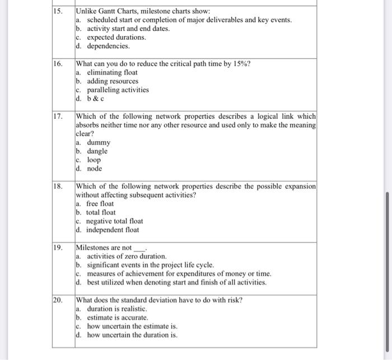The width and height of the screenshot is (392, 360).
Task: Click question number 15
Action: pyautogui.click(x=58, y=11)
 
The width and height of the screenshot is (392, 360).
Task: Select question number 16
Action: pyautogui.click(x=58, y=64)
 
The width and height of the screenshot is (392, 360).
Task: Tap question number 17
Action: pyautogui.click(x=58, y=116)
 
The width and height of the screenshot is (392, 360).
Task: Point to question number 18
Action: pyautogui.click(x=58, y=186)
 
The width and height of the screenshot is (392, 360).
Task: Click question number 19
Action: pyautogui.click(x=58, y=247)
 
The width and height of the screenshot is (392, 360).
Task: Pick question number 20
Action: pyautogui.click(x=58, y=300)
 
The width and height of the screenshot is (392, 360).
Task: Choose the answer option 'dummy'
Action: pyautogui.click(x=99, y=143)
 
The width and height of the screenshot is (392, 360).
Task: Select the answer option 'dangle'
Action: pyautogui.click(x=97, y=151)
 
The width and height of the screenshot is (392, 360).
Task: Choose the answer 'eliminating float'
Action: pyautogui.click(x=112, y=73)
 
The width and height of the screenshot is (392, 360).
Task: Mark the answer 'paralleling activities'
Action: pyautogui.click(x=117, y=90)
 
